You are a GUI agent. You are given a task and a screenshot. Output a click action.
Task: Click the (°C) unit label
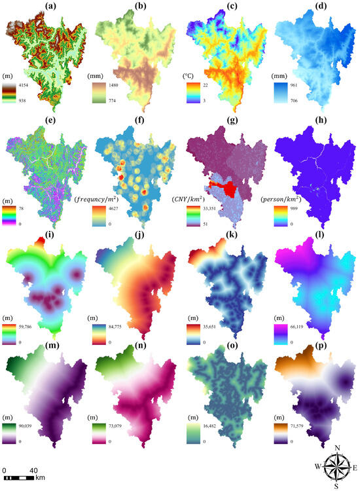[193, 75]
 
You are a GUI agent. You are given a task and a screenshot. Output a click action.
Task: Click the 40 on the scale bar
[33, 470]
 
